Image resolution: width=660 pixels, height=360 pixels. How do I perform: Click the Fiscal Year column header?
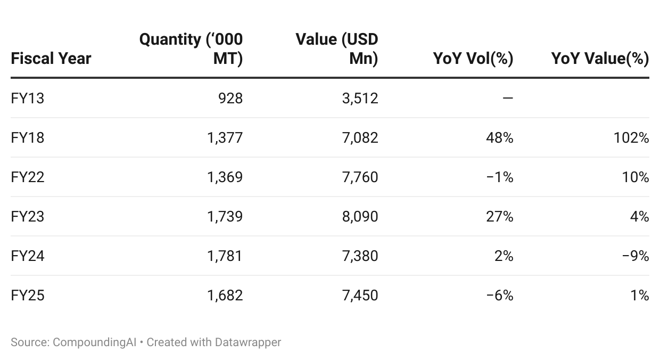(x=51, y=58)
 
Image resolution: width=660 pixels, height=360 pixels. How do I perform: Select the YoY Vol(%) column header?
(x=473, y=58)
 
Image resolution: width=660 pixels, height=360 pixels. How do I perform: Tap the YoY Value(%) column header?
(x=600, y=58)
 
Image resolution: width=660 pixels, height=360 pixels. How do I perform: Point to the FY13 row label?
(x=27, y=98)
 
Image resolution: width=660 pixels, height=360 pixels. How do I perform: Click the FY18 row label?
(x=27, y=138)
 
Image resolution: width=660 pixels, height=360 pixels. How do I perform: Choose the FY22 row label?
(x=27, y=177)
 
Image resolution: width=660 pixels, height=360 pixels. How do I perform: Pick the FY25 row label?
(x=27, y=295)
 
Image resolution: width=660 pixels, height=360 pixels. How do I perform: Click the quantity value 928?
(x=230, y=98)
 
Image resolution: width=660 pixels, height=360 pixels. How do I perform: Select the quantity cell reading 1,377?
(x=225, y=138)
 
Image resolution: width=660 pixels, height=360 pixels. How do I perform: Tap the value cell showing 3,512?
(x=360, y=98)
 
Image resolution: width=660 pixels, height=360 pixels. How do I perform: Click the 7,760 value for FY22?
(x=360, y=177)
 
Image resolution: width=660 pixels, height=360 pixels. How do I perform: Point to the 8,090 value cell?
(x=360, y=216)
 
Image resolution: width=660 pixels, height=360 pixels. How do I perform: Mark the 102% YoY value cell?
(x=631, y=138)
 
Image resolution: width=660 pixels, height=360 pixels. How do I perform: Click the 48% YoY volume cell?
(x=500, y=138)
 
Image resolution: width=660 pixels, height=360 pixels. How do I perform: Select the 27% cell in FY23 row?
(x=500, y=216)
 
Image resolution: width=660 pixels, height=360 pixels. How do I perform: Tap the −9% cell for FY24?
(x=636, y=256)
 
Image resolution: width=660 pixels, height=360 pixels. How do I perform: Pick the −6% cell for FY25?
(x=500, y=295)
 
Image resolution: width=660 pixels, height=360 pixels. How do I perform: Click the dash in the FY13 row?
(x=508, y=97)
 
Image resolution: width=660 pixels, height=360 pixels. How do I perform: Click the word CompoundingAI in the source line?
(x=94, y=342)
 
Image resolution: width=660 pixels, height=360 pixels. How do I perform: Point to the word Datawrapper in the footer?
(x=248, y=342)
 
